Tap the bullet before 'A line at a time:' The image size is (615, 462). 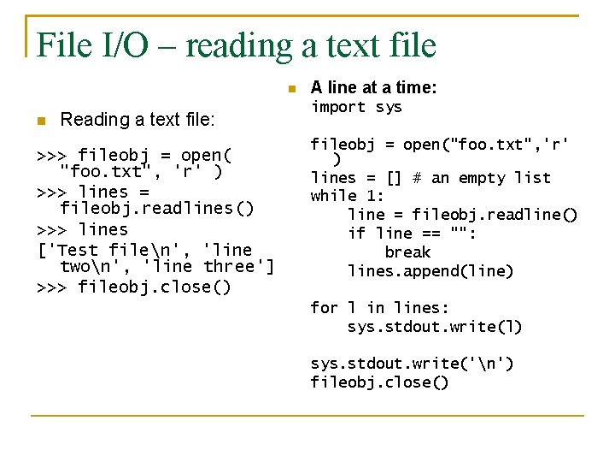tap(291, 88)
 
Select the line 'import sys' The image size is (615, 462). tap(355, 107)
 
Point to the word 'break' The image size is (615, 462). tap(407, 252)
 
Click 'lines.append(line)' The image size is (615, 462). tap(430, 271)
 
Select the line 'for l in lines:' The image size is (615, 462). tap(379, 308)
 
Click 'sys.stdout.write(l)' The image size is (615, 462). tap(435, 327)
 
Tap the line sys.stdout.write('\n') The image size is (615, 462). tap(412, 364)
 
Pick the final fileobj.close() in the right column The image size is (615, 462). tap(379, 382)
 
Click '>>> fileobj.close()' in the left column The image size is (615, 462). tap(134, 287)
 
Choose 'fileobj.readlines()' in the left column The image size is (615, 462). tap(145, 209)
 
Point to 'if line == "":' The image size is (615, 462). tap(412, 234)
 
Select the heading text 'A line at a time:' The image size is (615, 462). tap(374, 87)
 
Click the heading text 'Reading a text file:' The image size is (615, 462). tap(138, 120)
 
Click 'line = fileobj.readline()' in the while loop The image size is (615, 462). tap(462, 215)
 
